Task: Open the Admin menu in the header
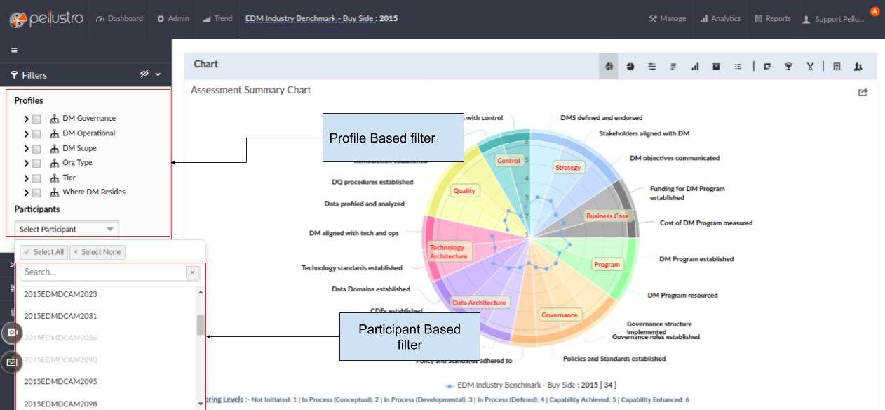pyautogui.click(x=174, y=18)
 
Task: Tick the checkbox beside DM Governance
pyautogui.click(x=38, y=119)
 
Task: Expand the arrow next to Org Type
pyautogui.click(x=27, y=163)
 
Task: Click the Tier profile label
pyautogui.click(x=69, y=178)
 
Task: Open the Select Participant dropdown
pyautogui.click(x=67, y=229)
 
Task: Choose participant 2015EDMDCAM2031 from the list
pyautogui.click(x=60, y=316)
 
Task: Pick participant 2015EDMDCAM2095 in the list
pyautogui.click(x=60, y=382)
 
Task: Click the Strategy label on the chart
pyautogui.click(x=569, y=168)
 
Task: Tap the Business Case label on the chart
pyautogui.click(x=607, y=216)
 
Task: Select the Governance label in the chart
pyautogui.click(x=560, y=315)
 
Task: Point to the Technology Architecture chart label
pyautogui.click(x=448, y=252)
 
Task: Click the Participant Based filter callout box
pyautogui.click(x=410, y=337)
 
